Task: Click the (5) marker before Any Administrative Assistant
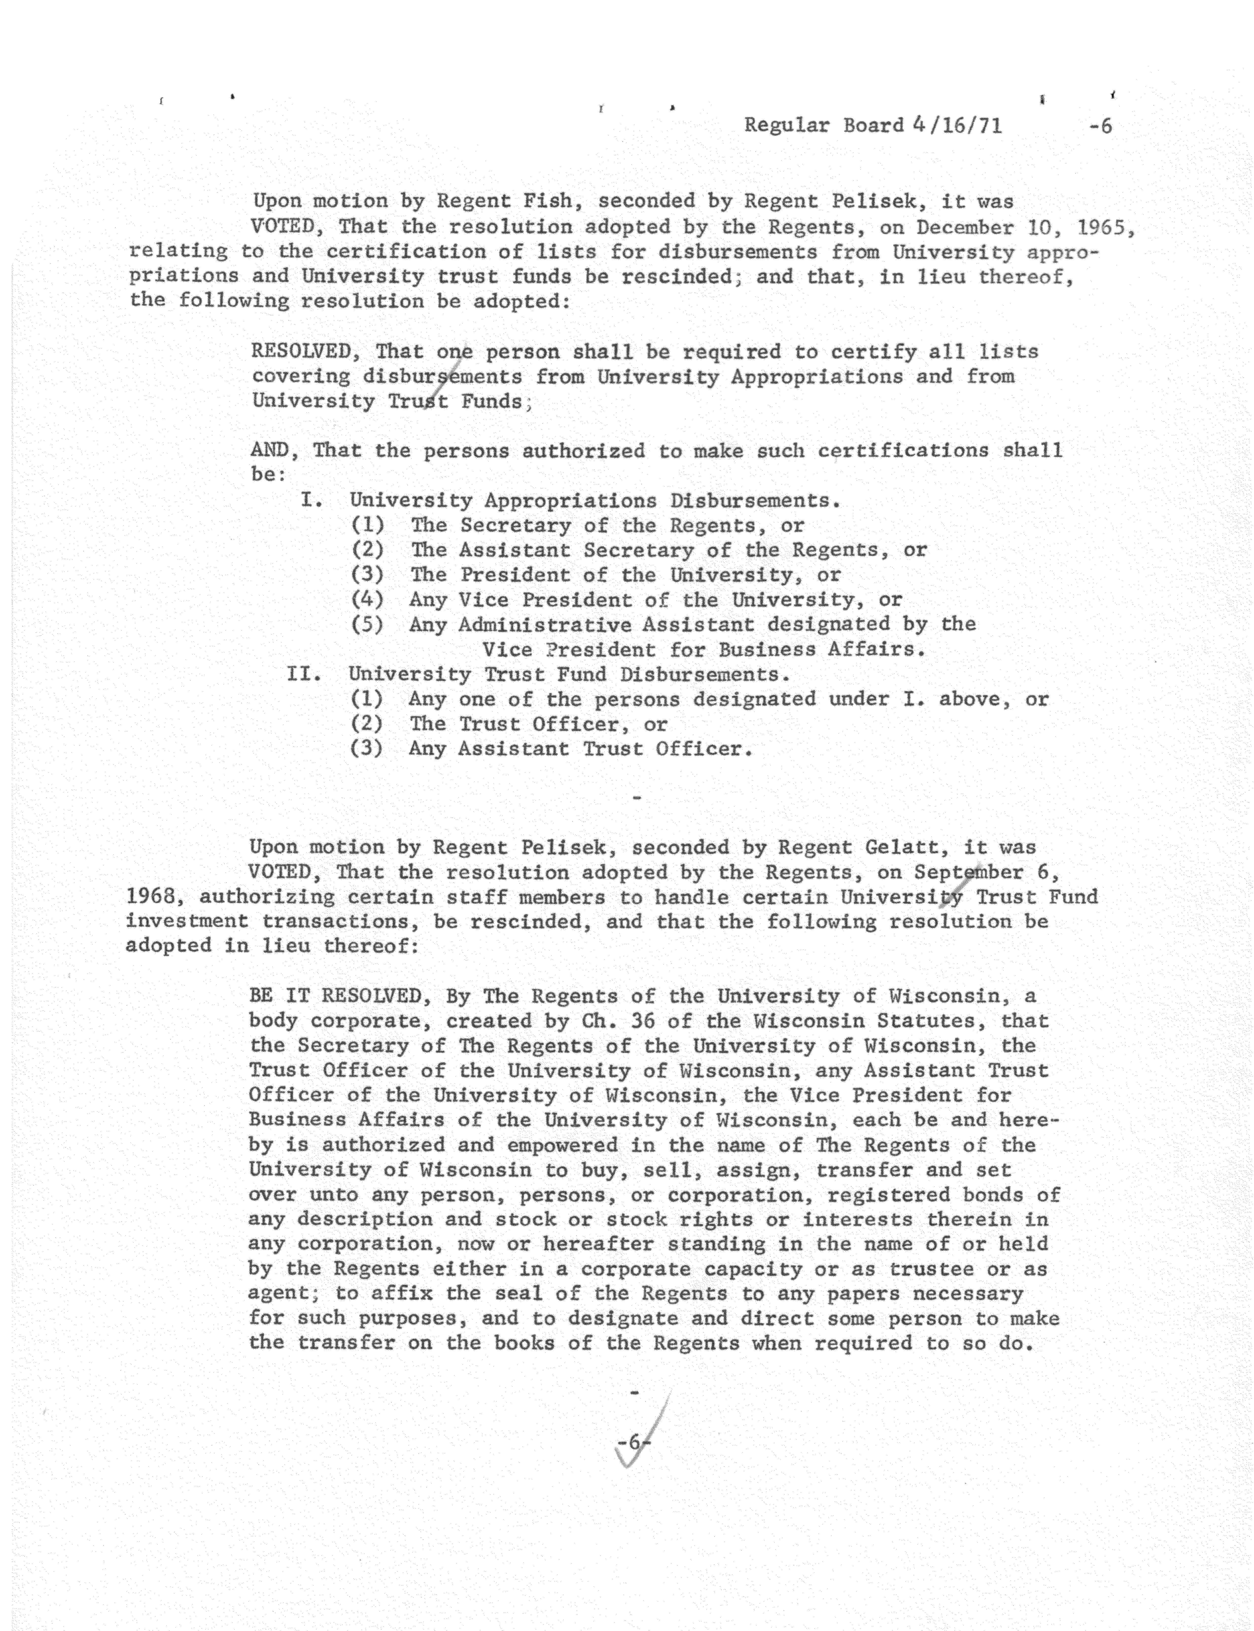367,624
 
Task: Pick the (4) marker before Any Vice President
367,600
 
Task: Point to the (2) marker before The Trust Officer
367,724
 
